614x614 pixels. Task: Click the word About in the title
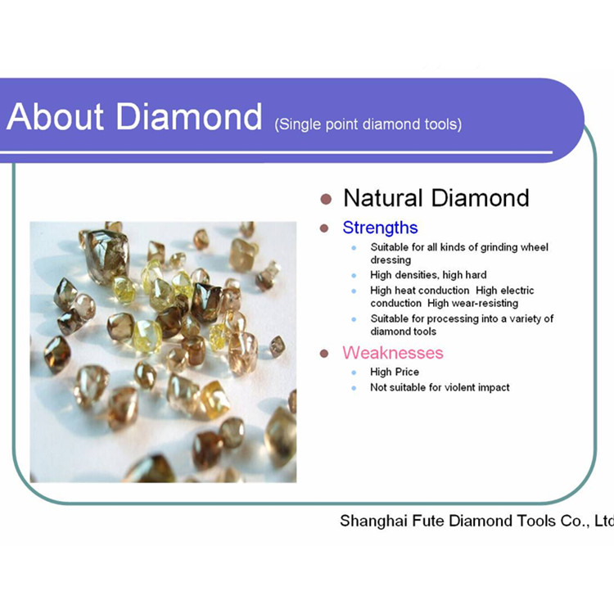[55, 116]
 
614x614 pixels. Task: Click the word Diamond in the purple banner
[189, 116]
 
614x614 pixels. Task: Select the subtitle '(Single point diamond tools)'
[368, 124]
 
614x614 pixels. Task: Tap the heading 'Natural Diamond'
[436, 198]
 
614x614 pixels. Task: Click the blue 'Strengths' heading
[380, 228]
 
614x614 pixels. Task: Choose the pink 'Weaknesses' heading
[393, 353]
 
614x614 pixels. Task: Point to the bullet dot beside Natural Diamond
[326, 199]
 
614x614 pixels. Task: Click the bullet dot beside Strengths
[324, 228]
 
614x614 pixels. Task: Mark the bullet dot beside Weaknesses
[324, 354]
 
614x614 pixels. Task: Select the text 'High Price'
[395, 372]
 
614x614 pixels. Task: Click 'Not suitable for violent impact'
[440, 387]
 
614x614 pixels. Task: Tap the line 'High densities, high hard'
[428, 275]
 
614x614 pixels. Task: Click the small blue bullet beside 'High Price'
[354, 372]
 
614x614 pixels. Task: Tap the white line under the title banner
[277, 152]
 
